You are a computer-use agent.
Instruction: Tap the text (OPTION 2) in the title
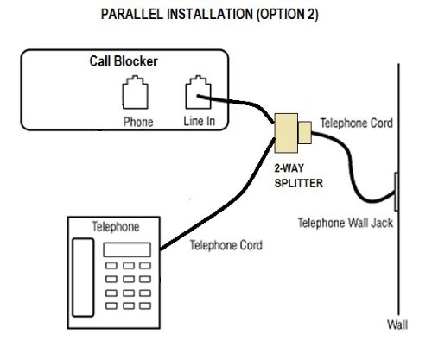tap(287, 14)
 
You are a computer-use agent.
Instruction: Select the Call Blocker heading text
tap(124, 61)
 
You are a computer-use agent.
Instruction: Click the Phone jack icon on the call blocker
tap(135, 92)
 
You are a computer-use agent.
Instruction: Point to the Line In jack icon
tap(198, 92)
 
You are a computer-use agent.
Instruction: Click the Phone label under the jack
tap(138, 122)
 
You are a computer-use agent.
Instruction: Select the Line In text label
tap(200, 121)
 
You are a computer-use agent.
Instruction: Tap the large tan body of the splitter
tap(286, 133)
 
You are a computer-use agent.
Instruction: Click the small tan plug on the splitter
tap(305, 132)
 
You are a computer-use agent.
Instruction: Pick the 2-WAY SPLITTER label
tap(298, 175)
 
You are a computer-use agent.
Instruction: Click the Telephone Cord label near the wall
tap(357, 123)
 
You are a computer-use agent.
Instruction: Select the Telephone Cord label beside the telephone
tap(226, 245)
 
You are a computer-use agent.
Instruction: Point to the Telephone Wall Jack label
tap(346, 223)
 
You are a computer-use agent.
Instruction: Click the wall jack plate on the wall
tap(397, 192)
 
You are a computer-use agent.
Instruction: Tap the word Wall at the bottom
tap(397, 325)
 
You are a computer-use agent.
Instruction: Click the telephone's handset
tap(83, 277)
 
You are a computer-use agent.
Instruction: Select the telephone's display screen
tap(127, 249)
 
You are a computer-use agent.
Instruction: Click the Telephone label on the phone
tap(116, 227)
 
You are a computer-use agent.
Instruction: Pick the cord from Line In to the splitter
tap(239, 101)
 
